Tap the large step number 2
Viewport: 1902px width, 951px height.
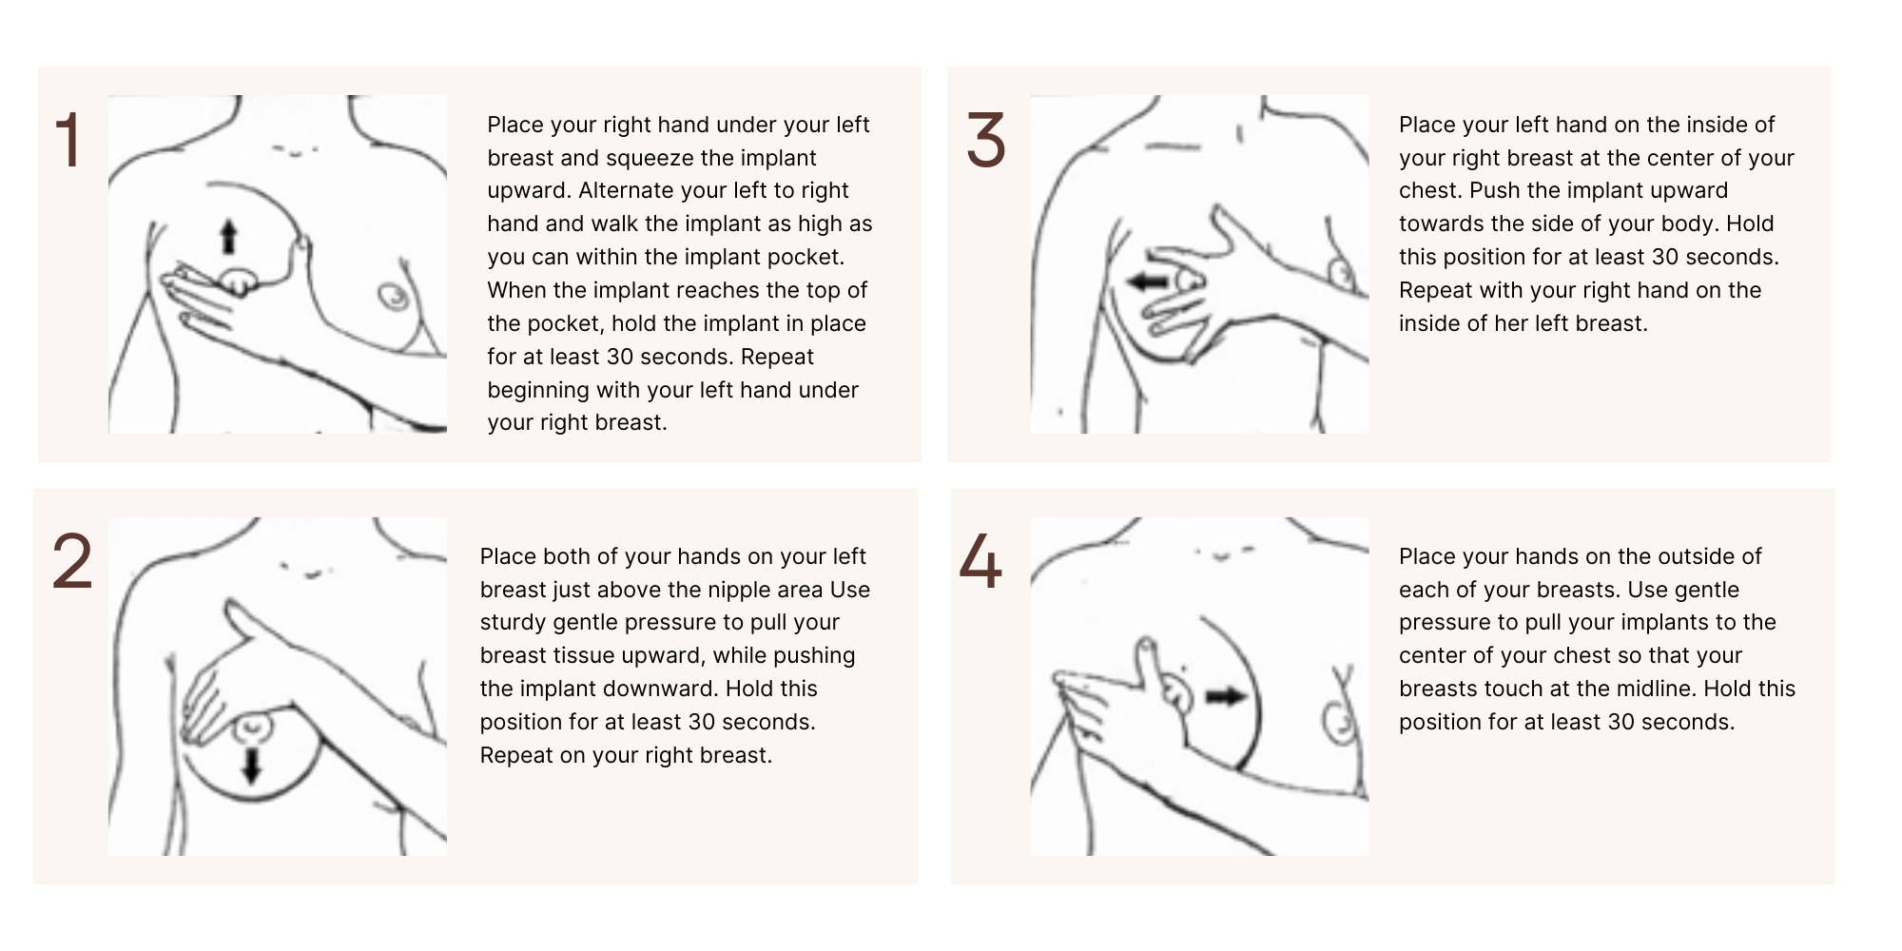(x=72, y=562)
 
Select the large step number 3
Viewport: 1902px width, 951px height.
(x=986, y=141)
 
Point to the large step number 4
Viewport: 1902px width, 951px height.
(x=980, y=562)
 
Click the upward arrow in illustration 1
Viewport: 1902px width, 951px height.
(x=228, y=237)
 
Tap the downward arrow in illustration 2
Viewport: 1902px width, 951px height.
(x=251, y=766)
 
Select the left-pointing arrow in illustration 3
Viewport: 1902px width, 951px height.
(x=1147, y=281)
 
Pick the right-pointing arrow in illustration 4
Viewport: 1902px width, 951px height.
(x=1226, y=697)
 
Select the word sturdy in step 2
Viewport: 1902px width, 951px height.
(x=514, y=623)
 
